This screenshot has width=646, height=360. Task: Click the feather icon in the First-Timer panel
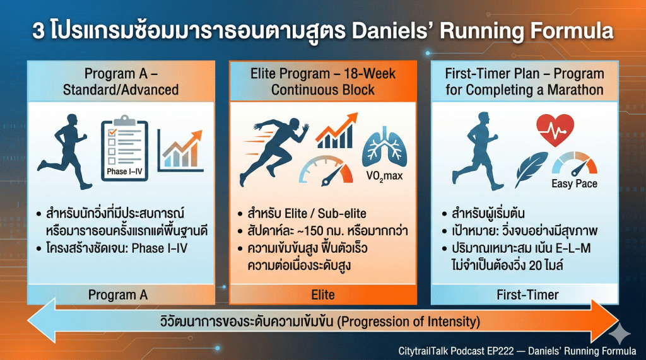click(531, 169)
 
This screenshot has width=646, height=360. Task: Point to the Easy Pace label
click(574, 183)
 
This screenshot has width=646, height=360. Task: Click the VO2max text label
click(384, 177)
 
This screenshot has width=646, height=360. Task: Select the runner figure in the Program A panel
click(65, 151)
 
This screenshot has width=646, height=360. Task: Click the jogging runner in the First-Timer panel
click(478, 151)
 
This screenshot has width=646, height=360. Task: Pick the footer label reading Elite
click(323, 295)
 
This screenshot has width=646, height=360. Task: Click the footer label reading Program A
click(118, 295)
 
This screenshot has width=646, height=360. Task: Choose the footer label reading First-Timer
click(528, 295)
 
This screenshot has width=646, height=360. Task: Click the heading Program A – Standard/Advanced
click(120, 81)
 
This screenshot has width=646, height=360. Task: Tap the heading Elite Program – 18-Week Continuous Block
click(323, 81)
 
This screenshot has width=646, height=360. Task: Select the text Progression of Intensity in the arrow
click(409, 322)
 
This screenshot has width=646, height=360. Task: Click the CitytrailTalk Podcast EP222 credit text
click(456, 351)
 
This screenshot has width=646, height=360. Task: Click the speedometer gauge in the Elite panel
click(326, 170)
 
